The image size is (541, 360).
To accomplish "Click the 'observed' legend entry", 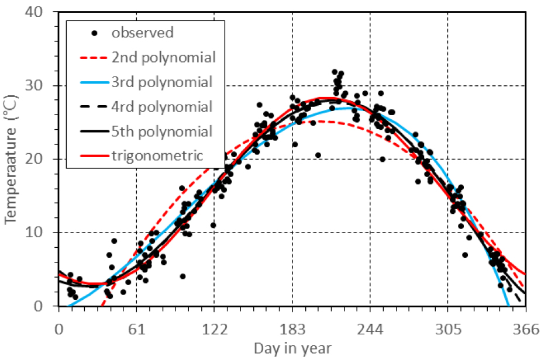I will coord(142,33).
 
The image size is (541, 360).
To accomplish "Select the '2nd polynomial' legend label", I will coord(163,57).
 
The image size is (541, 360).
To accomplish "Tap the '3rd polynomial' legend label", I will coord(162,82).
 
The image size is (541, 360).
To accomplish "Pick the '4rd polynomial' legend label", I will coord(162,107).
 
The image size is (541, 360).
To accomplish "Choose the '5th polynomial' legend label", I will coord(162,131).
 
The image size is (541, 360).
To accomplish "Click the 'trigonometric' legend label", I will coord(157,156).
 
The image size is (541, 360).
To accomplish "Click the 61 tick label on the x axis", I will coord(136,330).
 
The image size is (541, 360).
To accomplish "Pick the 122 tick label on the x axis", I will coord(214,330).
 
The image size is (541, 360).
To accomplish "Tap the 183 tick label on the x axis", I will coord(292,330).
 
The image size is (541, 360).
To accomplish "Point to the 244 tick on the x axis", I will coord(370,330).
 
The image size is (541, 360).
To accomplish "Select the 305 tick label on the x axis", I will coord(448,330).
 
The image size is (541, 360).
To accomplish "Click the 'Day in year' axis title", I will coord(292,349).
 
